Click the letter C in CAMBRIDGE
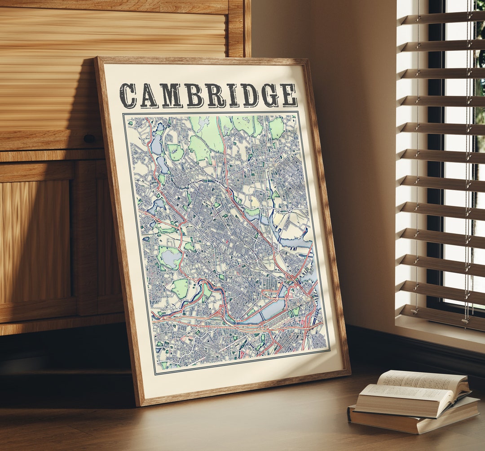[x=128, y=96]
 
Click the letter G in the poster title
[x=270, y=95]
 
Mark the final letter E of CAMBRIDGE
[x=288, y=95]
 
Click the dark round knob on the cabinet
[x=89, y=138]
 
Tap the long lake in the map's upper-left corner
[x=156, y=144]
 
